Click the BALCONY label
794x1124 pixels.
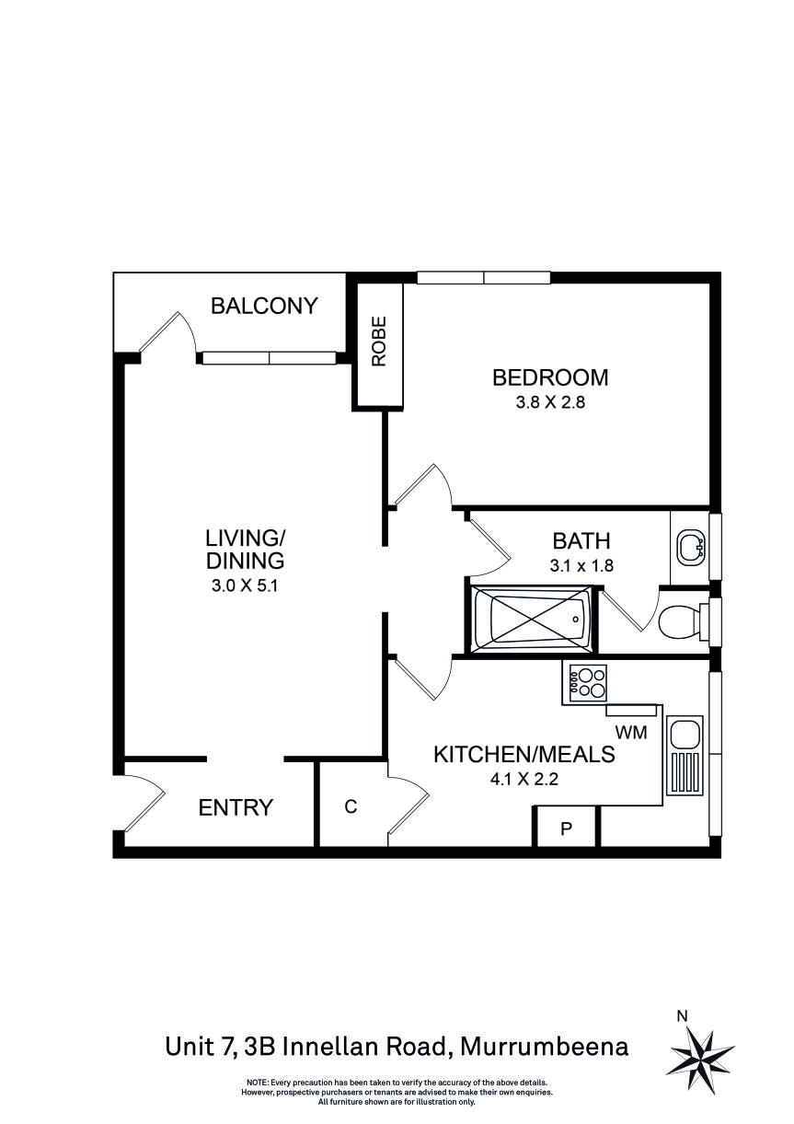(x=264, y=306)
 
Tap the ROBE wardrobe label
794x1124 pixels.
(x=379, y=342)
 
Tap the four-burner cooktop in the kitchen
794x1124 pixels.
(x=587, y=684)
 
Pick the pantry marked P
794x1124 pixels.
(x=567, y=828)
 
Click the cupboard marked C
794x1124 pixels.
(x=351, y=806)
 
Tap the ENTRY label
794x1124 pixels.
(x=236, y=808)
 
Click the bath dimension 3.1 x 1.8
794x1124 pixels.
(x=581, y=566)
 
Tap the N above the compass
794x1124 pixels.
(x=682, y=1016)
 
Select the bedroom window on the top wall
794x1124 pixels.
(x=484, y=277)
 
